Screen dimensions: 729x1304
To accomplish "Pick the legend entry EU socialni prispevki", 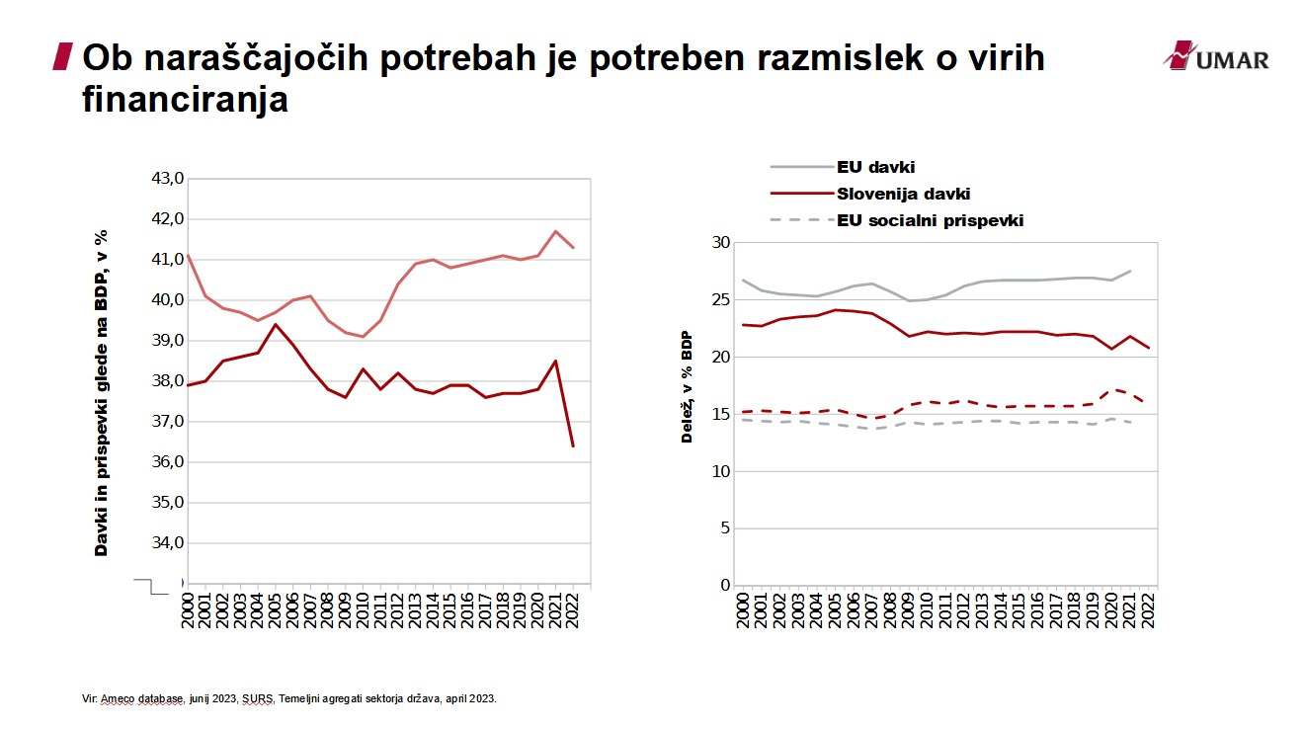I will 929,220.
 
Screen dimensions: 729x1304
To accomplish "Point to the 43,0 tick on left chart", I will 167,179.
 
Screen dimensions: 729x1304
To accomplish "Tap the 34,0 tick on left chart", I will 167,543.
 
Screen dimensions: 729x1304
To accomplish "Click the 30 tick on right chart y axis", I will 720,243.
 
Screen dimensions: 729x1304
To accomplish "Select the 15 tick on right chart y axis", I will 720,415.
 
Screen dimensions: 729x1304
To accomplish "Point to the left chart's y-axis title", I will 101,392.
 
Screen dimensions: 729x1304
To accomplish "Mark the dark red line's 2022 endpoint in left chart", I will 572,446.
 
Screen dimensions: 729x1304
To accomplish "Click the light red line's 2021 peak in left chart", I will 555,231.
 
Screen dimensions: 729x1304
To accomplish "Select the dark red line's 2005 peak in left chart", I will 276,324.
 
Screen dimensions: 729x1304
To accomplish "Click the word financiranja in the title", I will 185,100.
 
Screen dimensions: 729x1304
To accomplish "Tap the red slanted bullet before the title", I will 62,57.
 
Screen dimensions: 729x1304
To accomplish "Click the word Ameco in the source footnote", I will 116,698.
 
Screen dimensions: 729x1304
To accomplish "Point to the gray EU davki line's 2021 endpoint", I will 1130,271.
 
